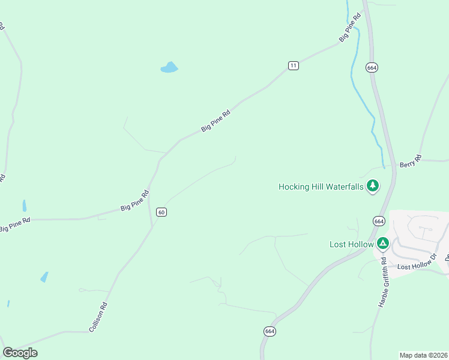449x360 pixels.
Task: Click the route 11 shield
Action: pos(293,65)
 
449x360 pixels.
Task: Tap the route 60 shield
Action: pos(161,212)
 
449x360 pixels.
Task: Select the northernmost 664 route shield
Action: pos(372,68)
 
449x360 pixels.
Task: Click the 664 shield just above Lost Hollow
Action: pos(378,221)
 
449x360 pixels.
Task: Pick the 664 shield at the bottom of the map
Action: pos(270,331)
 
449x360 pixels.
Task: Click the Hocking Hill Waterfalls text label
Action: pos(321,187)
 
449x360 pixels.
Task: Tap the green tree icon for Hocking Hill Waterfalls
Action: pos(373,186)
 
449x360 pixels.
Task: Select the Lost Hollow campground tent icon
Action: pos(383,244)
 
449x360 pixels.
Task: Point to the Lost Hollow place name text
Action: pos(351,244)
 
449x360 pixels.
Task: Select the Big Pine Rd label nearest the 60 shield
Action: pos(134,200)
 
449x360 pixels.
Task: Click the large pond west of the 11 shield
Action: pos(169,68)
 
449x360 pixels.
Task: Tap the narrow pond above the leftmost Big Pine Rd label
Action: pos(25,206)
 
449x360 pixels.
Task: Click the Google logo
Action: pos(20,353)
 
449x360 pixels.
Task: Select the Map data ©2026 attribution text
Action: pos(423,355)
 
